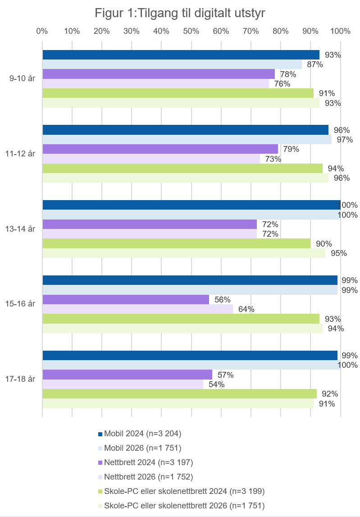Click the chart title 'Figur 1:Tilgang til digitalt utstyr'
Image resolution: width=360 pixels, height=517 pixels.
click(x=180, y=14)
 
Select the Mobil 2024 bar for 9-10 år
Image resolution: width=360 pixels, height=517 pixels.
click(x=181, y=55)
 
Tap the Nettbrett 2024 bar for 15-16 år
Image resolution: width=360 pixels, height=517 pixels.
click(x=126, y=299)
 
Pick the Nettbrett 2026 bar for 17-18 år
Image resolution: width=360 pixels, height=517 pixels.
click(x=123, y=384)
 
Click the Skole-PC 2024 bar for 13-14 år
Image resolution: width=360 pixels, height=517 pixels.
click(x=176, y=243)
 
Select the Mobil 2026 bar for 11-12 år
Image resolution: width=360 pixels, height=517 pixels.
click(x=187, y=140)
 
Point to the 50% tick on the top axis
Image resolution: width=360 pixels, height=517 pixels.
click(x=191, y=31)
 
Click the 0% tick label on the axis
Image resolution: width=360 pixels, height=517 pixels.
click(x=42, y=31)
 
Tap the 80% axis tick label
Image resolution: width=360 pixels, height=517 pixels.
click(x=280, y=31)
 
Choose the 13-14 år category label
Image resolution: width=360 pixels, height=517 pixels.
click(x=20, y=229)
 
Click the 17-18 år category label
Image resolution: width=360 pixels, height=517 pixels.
click(x=20, y=379)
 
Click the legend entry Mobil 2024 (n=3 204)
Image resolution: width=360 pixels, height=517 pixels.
click(x=142, y=434)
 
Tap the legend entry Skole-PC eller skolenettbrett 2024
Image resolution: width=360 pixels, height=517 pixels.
click(x=184, y=491)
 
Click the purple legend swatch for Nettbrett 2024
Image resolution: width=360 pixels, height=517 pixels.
click(x=100, y=463)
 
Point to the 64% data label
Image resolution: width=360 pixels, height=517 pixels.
click(x=246, y=309)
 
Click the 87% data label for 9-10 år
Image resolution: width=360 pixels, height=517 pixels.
click(x=315, y=64)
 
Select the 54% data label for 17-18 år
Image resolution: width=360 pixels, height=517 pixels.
click(x=216, y=384)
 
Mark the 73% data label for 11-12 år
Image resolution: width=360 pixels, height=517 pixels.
click(x=273, y=159)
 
